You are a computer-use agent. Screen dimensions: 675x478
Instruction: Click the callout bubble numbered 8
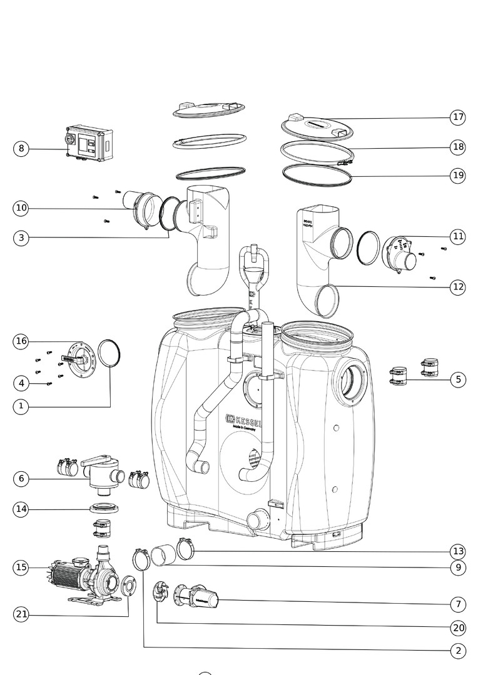point(21,149)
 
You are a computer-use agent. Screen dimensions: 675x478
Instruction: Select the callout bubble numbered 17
point(458,117)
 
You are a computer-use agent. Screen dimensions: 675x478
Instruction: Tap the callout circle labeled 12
point(458,287)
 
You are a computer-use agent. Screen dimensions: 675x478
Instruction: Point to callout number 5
point(458,379)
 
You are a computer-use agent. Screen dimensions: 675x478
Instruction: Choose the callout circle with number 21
point(21,614)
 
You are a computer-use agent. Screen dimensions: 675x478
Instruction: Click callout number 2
point(458,651)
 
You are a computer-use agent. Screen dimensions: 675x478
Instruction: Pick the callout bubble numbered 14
point(21,509)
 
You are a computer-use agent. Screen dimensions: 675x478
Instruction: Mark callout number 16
point(21,341)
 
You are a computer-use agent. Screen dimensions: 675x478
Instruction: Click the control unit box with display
point(89,143)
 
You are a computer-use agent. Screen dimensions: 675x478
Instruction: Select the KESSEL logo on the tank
point(244,421)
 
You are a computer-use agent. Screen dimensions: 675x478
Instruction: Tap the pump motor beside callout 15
point(66,573)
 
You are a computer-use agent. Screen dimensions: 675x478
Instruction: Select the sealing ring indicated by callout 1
point(109,355)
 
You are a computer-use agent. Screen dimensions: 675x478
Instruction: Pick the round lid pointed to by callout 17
point(317,127)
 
